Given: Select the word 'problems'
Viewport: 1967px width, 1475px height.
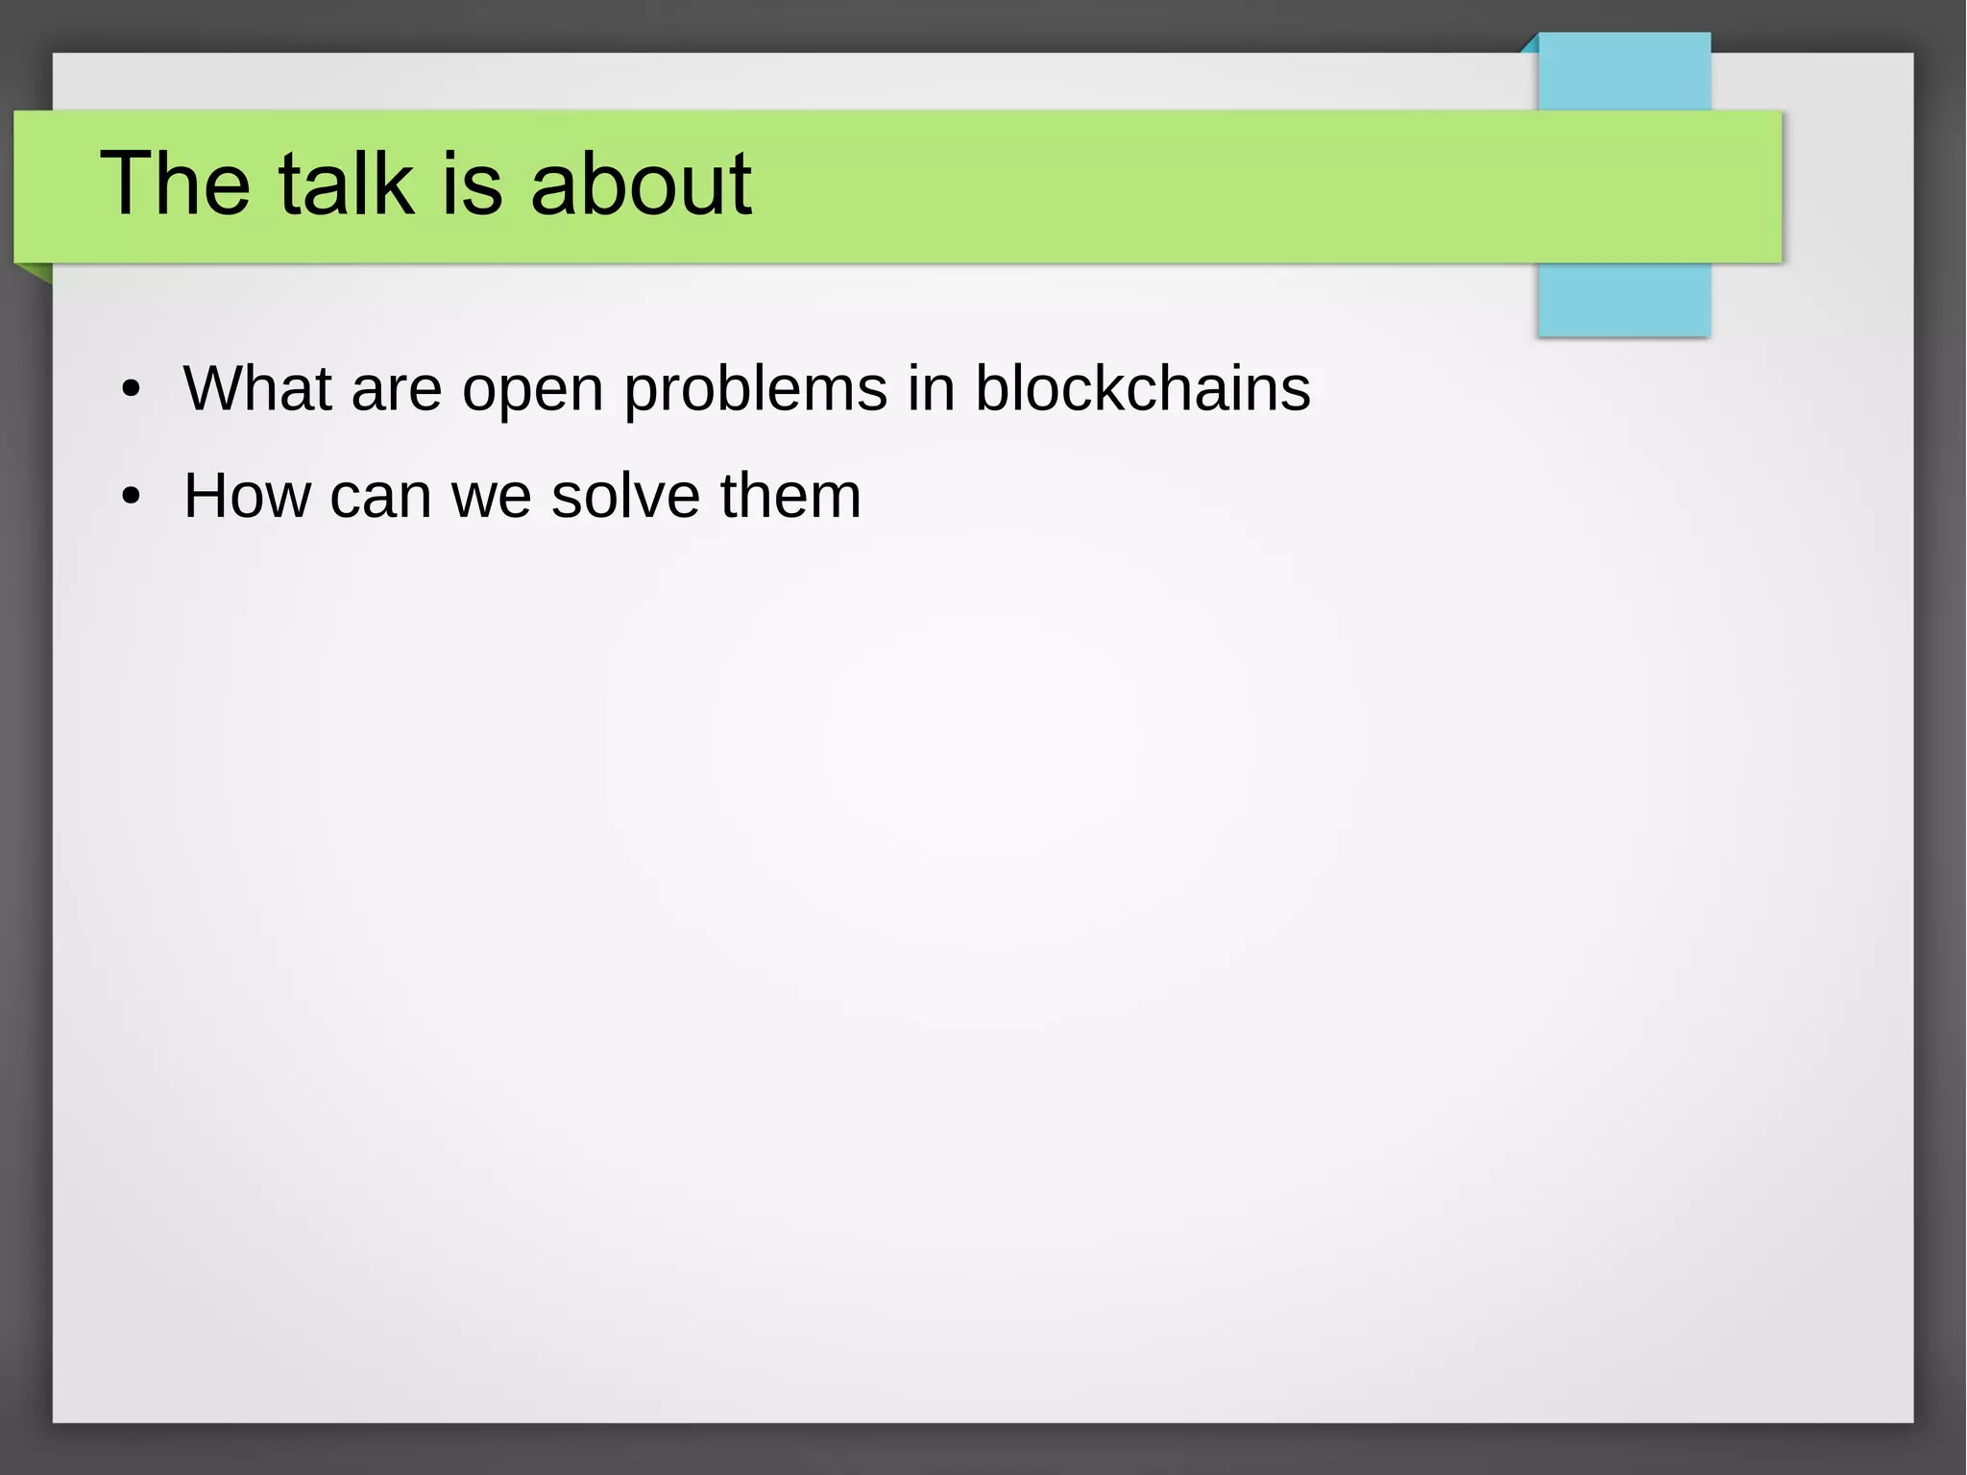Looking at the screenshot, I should pyautogui.click(x=756, y=390).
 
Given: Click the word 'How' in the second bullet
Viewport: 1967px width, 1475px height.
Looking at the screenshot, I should pyautogui.click(x=247, y=496).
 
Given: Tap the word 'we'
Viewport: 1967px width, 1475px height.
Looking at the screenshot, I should pyautogui.click(x=492, y=498).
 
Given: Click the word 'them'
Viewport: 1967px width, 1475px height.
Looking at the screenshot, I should pyautogui.click(x=790, y=496).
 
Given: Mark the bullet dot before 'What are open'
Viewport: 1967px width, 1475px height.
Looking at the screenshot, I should pyautogui.click(x=132, y=390).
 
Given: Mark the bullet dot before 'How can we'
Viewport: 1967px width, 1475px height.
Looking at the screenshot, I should pyautogui.click(x=132, y=498).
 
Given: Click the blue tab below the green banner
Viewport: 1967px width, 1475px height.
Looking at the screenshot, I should pyautogui.click(x=1623, y=299).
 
